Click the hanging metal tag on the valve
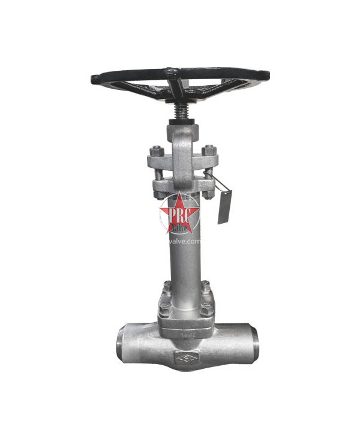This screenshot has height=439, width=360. [224, 207]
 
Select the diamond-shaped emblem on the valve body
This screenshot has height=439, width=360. [183, 359]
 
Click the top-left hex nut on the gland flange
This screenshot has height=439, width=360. [157, 150]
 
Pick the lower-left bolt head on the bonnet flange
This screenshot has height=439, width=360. [163, 309]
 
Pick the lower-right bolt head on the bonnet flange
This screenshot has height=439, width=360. [206, 309]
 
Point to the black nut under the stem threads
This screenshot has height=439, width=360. [179, 122]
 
